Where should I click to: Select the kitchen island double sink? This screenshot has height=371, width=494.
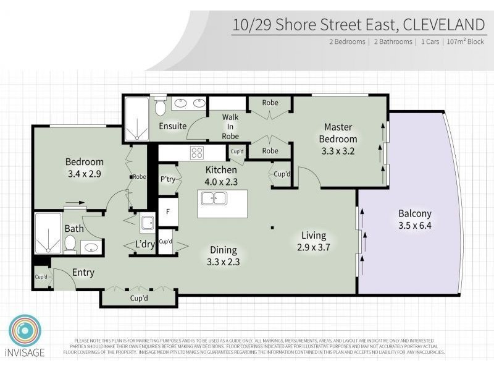pyautogui.click(x=214, y=199)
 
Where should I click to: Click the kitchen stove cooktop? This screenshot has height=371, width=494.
pyautogui.click(x=197, y=153)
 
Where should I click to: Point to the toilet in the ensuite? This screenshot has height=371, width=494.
pyautogui.click(x=160, y=108)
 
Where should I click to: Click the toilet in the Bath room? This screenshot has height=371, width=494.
pyautogui.click(x=70, y=244)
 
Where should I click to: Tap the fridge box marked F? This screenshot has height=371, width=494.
pyautogui.click(x=167, y=211)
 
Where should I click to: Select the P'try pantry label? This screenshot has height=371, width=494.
pyautogui.click(x=167, y=179)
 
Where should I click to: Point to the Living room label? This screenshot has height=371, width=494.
pyautogui.click(x=313, y=236)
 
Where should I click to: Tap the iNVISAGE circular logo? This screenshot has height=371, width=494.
pyautogui.click(x=25, y=331)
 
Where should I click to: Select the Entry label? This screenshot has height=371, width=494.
pyautogui.click(x=83, y=272)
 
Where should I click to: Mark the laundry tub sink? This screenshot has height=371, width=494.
pyautogui.click(x=147, y=222)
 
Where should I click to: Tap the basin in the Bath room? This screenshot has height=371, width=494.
pyautogui.click(x=91, y=248)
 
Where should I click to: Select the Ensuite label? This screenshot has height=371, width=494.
pyautogui.click(x=172, y=126)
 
